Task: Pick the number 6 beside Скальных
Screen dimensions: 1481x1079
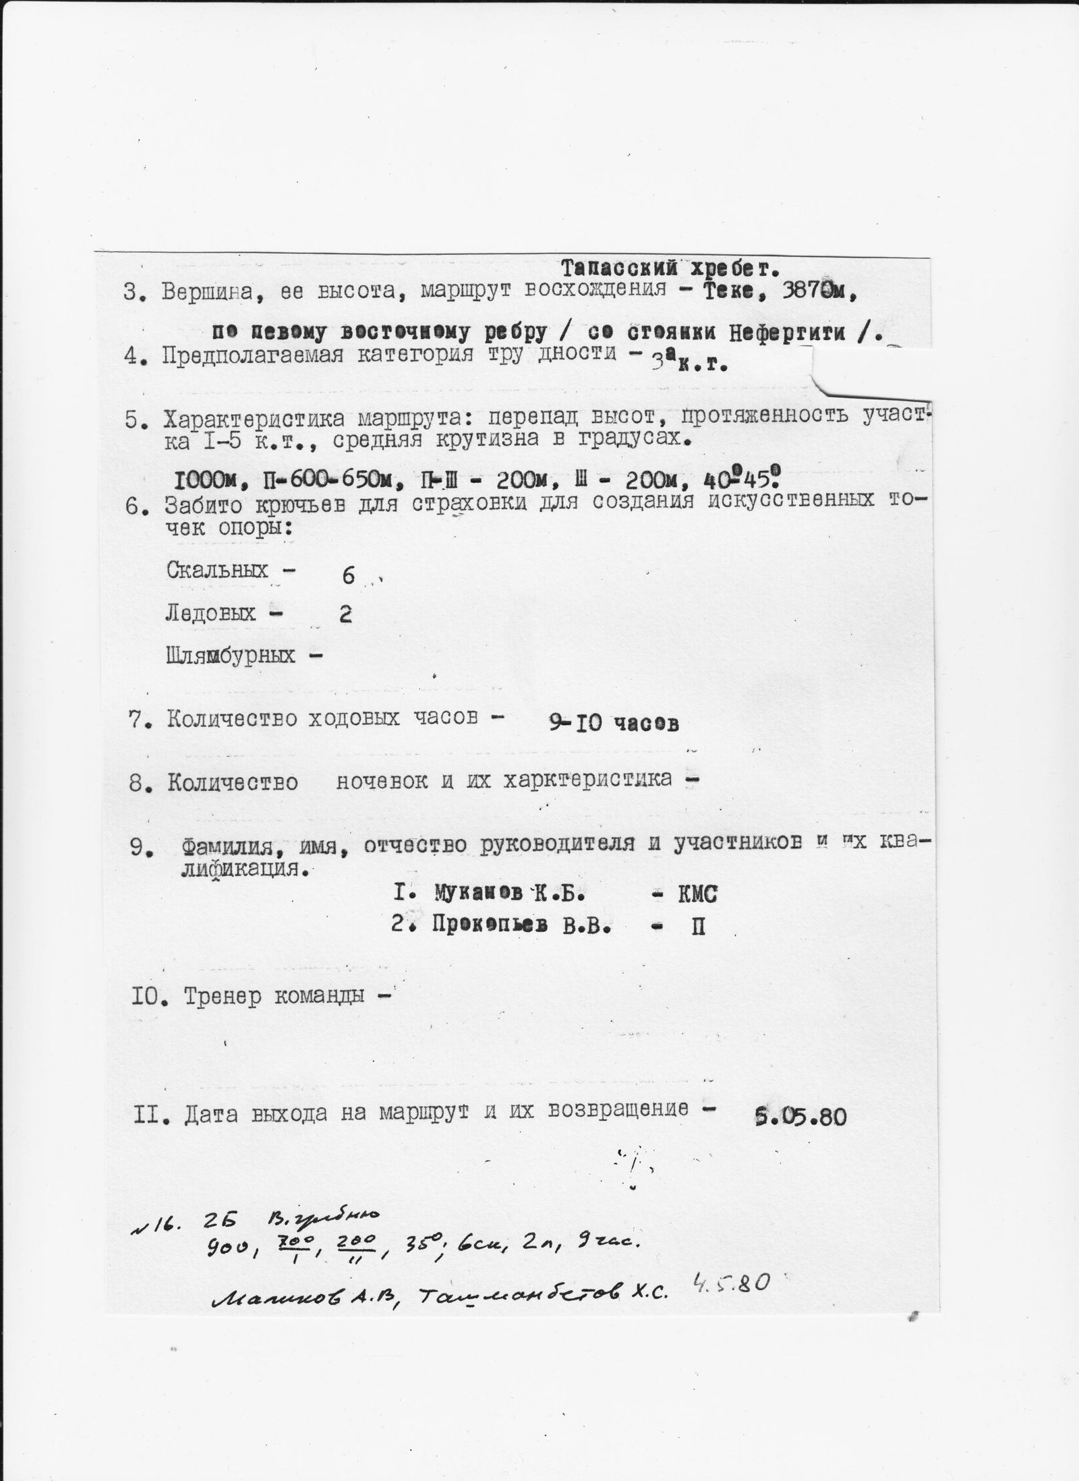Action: pos(348,576)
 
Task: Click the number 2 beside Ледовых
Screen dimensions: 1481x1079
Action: pos(346,615)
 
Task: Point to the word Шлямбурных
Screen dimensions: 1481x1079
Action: pos(231,655)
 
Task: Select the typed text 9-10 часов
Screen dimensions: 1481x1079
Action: pos(612,723)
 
